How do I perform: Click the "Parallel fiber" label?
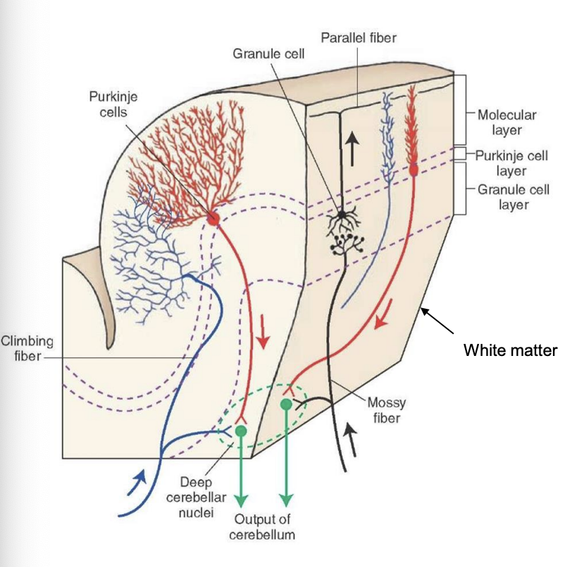pyautogui.click(x=359, y=37)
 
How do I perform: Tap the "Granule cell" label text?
pyautogui.click(x=269, y=54)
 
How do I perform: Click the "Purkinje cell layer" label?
pyautogui.click(x=511, y=163)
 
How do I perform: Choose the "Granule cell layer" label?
pyautogui.click(x=511, y=197)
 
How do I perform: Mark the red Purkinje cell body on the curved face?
pyautogui.click(x=213, y=219)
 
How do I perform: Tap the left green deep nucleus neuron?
pyautogui.click(x=241, y=431)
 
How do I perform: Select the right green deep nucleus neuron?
pyautogui.click(x=286, y=405)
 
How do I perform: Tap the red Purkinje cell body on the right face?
pyautogui.click(x=413, y=168)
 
